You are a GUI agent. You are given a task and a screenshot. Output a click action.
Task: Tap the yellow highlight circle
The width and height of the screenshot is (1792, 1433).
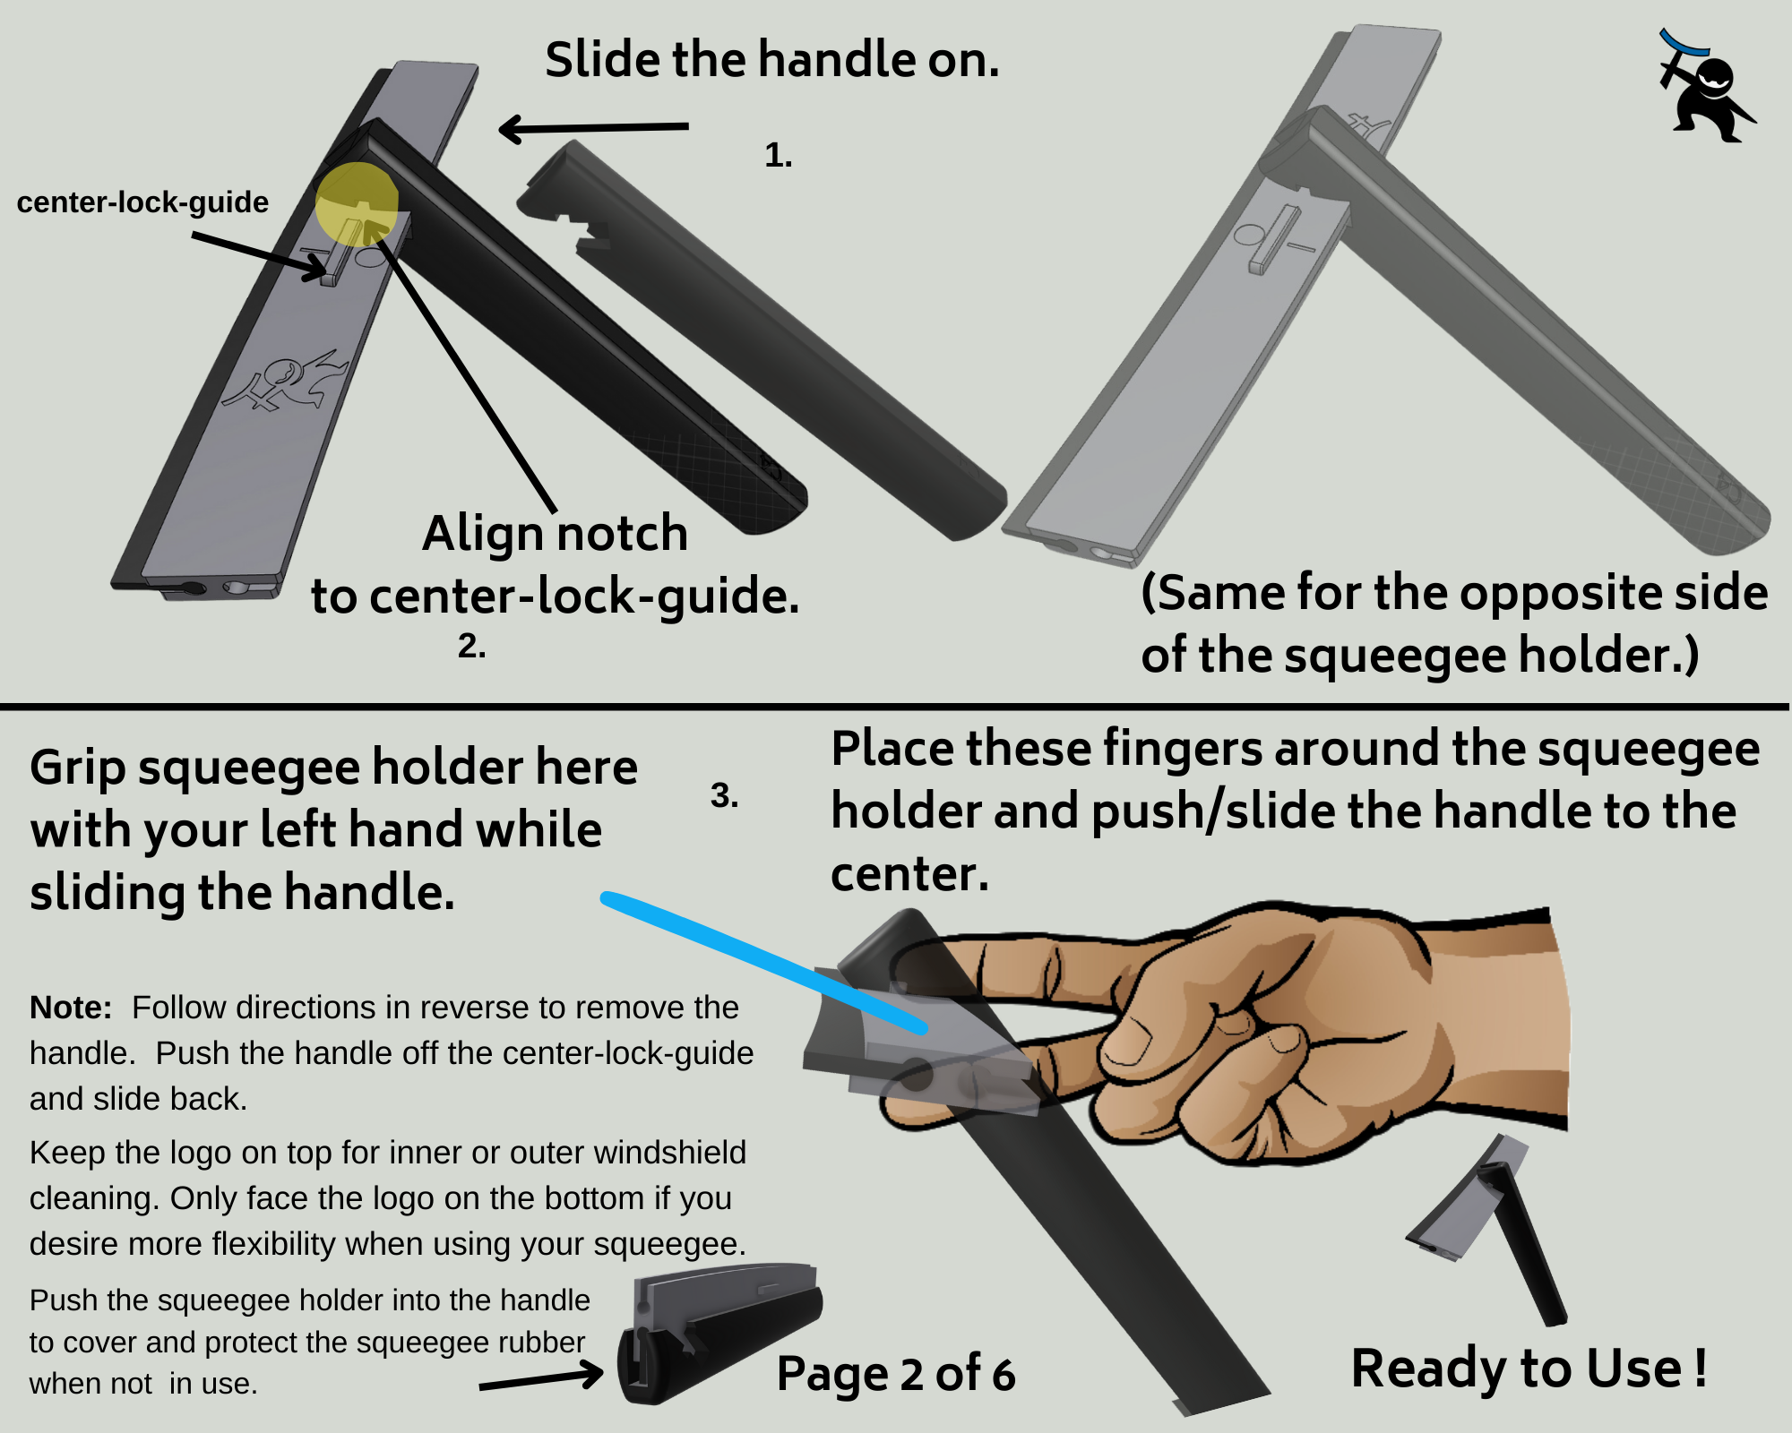[357, 204]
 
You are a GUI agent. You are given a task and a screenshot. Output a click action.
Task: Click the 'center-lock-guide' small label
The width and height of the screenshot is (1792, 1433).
[142, 202]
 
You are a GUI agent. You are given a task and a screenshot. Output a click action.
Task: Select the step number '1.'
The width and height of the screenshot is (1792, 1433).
[778, 156]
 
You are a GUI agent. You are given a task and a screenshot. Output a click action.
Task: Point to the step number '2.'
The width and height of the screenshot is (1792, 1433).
[471, 646]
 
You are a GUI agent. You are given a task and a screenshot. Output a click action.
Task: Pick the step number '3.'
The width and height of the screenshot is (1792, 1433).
[724, 795]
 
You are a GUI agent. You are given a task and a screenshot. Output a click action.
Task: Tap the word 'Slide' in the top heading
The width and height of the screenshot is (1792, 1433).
[602, 61]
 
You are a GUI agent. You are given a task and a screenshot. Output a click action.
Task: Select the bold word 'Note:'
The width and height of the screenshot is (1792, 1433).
[71, 1008]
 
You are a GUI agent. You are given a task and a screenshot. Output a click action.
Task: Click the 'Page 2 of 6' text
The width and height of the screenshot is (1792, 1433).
[896, 1374]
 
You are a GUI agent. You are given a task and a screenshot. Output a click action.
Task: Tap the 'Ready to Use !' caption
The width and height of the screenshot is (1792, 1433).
[1529, 1369]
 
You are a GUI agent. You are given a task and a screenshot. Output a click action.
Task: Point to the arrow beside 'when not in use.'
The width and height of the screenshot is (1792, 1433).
[543, 1378]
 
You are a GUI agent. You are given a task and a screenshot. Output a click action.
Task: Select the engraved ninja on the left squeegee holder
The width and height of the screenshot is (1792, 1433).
[285, 381]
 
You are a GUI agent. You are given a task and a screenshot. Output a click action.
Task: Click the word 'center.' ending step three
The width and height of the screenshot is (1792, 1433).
[909, 874]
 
